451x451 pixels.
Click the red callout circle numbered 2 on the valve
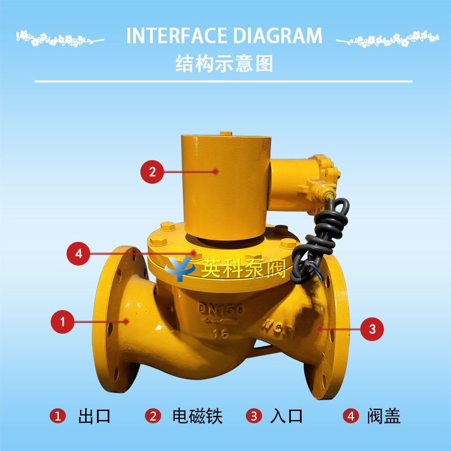(152, 172)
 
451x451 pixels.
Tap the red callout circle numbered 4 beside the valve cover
(78, 254)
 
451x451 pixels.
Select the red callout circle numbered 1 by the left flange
(63, 322)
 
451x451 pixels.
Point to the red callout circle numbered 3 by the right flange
(372, 329)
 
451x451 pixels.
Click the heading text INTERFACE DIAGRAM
(224, 36)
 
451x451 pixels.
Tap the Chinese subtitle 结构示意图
(224, 64)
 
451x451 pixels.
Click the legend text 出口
(94, 416)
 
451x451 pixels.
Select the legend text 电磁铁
(197, 416)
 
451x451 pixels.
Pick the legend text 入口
(286, 416)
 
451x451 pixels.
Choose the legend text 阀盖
(384, 416)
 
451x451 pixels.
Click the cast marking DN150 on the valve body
(221, 308)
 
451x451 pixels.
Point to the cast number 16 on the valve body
(221, 334)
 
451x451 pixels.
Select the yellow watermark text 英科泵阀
(244, 268)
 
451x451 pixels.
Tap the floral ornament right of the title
(388, 39)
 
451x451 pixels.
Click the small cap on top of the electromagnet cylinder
(226, 134)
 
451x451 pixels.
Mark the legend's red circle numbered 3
(254, 416)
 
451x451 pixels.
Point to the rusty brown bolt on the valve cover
(281, 229)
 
